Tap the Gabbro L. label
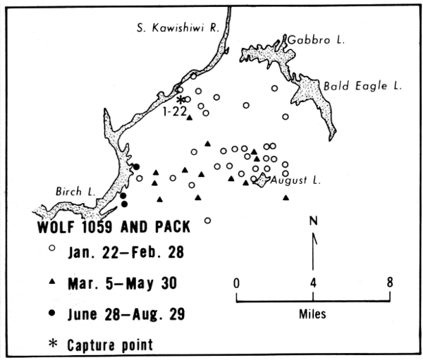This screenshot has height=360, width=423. (x=315, y=41)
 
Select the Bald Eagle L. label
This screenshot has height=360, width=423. (x=362, y=86)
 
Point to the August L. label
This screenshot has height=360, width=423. (x=296, y=180)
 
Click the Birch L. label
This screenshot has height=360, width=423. (x=71, y=191)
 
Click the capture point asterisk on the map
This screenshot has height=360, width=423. (x=180, y=100)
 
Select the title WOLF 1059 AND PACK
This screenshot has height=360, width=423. (x=102, y=229)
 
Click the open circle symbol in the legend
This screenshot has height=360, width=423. (x=51, y=249)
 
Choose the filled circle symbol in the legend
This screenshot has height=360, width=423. (x=51, y=314)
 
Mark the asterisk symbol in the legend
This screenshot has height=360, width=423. (x=51, y=345)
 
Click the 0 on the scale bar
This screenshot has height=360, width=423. (x=238, y=283)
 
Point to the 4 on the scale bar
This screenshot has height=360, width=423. (x=313, y=283)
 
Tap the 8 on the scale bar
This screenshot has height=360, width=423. (x=390, y=283)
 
